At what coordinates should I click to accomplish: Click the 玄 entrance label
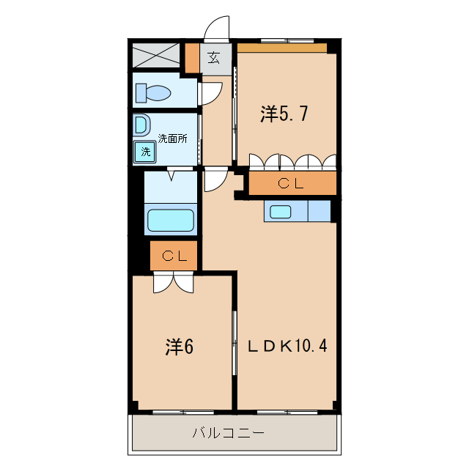coord(213,59)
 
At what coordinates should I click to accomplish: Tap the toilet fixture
coord(153,94)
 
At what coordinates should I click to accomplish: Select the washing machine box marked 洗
coord(145,152)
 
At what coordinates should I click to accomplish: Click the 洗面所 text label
coord(173,137)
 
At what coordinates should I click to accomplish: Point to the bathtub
coord(171,221)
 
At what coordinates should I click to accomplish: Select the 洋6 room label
coord(178,347)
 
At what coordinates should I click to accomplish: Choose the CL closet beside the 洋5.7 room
coord(292,183)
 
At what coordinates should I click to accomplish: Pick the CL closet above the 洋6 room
coord(174,256)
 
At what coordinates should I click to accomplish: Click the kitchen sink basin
coord(281,212)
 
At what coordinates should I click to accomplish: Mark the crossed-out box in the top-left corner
coord(156,55)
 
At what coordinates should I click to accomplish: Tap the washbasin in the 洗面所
coord(141,125)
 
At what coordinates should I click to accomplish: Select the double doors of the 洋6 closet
coord(174,283)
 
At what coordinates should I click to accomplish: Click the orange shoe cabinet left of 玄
coord(191,59)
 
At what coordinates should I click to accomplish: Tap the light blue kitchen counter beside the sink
coord(319,211)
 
